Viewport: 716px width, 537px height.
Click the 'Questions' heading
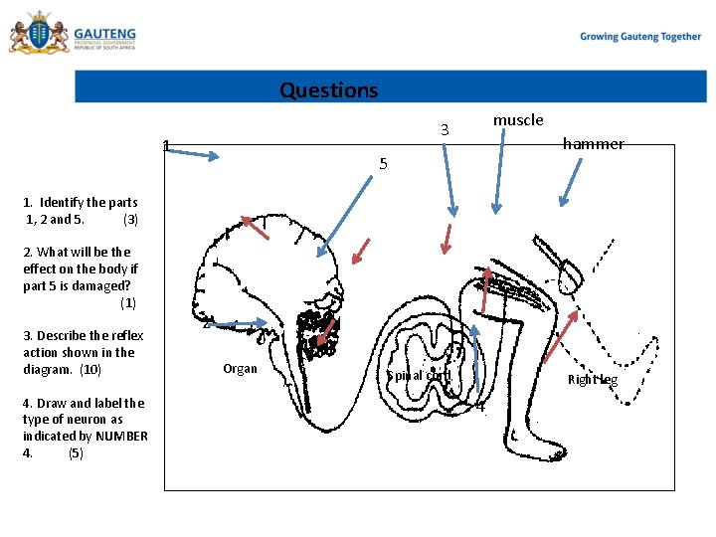click(x=328, y=90)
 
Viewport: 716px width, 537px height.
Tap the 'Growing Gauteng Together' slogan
click(x=640, y=37)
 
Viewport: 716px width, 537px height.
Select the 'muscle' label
click(x=518, y=120)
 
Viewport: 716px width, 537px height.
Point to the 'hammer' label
click(x=593, y=144)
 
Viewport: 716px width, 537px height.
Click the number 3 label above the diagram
click(x=446, y=130)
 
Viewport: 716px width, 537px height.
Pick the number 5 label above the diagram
click(x=384, y=164)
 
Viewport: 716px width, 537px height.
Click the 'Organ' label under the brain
click(x=240, y=369)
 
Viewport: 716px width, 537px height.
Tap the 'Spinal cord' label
click(x=419, y=376)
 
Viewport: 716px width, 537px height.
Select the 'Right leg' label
click(x=593, y=380)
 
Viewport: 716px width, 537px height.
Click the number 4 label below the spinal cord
click(x=480, y=406)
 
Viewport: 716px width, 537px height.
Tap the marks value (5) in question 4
click(x=76, y=453)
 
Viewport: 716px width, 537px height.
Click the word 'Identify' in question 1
click(x=62, y=203)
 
